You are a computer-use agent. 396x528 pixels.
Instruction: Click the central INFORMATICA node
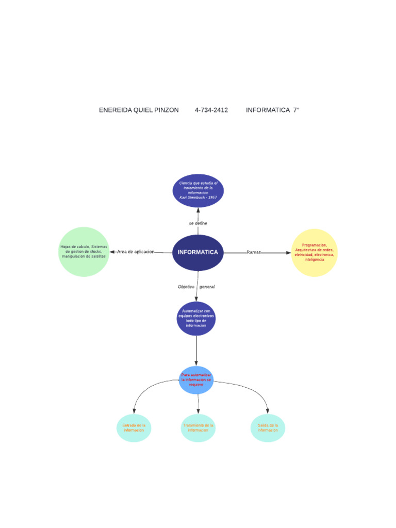[x=197, y=253]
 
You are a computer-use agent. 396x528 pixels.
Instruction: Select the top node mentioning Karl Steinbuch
[x=198, y=191]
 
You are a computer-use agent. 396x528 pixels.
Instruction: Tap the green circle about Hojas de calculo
[x=84, y=252]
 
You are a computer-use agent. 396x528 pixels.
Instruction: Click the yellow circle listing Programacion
[x=314, y=253]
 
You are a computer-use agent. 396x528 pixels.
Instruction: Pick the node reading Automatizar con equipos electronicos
[x=196, y=319]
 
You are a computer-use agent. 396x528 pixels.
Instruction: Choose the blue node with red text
[x=196, y=380]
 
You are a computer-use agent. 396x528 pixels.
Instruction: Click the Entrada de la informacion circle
[x=134, y=428]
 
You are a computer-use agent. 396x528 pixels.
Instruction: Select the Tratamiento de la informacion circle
[x=198, y=428]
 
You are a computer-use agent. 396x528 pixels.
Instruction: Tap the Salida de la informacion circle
[x=268, y=428]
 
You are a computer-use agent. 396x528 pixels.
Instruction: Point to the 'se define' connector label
[x=198, y=223]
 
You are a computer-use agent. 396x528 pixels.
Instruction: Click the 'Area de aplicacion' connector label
[x=136, y=252]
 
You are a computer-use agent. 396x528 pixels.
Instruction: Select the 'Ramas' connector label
[x=254, y=252]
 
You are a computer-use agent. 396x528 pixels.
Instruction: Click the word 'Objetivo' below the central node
[x=186, y=287]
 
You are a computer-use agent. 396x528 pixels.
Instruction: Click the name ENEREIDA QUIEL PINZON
[x=139, y=110]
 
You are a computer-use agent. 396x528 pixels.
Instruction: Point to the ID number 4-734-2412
[x=211, y=110]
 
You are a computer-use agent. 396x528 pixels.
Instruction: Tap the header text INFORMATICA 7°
[x=272, y=110]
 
